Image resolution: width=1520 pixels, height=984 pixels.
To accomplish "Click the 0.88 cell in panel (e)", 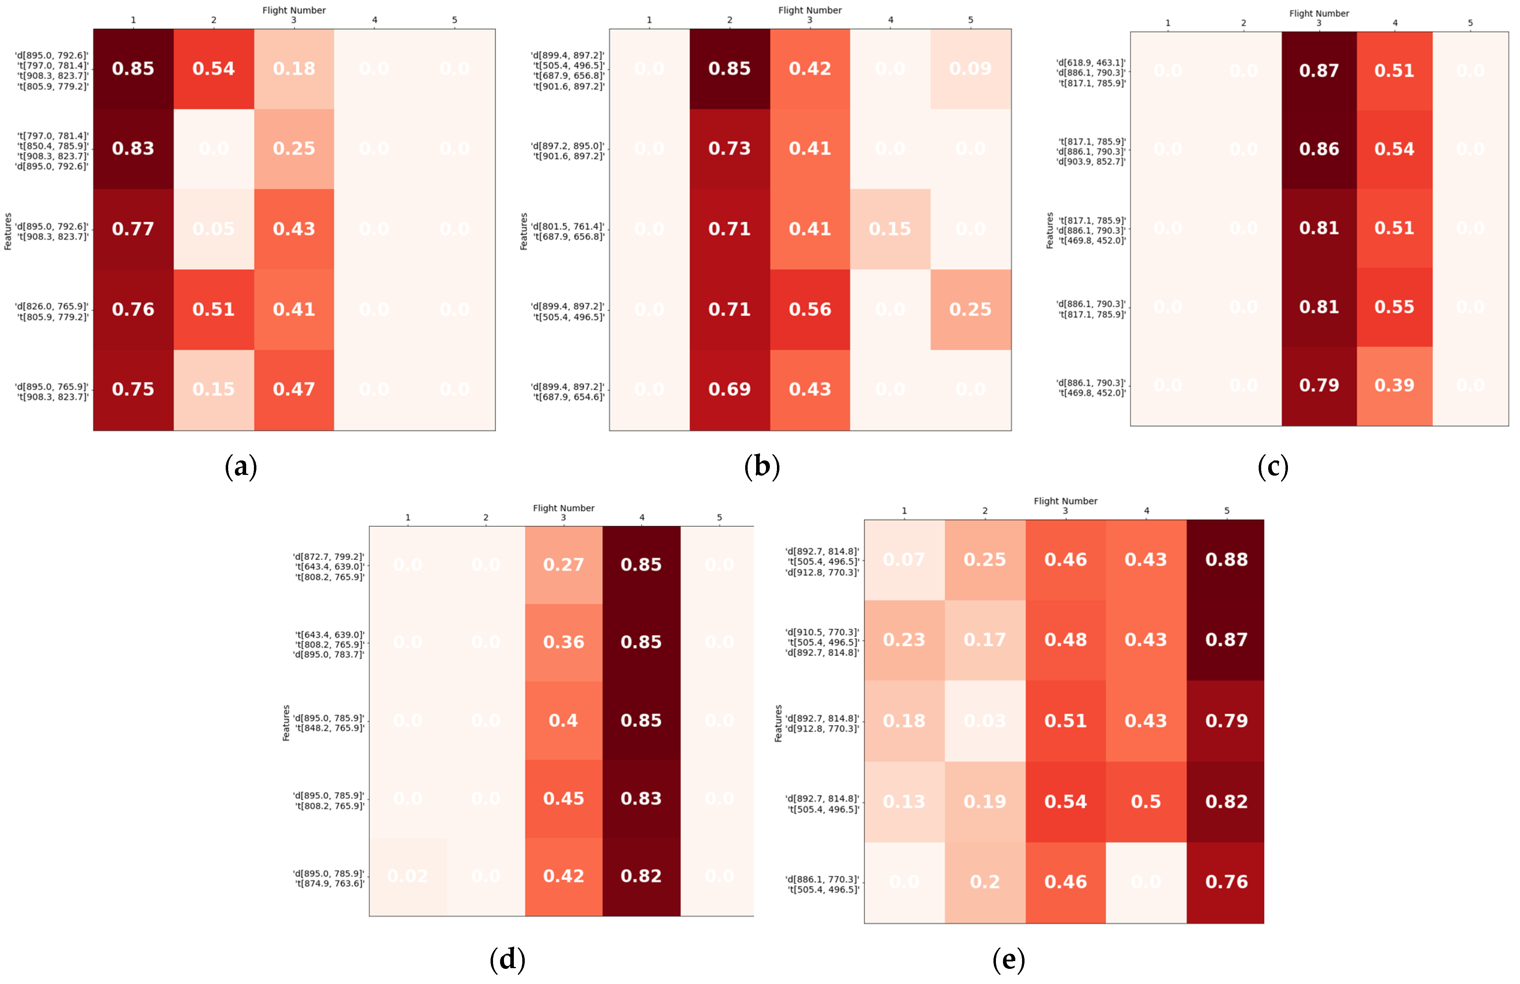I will tap(1226, 560).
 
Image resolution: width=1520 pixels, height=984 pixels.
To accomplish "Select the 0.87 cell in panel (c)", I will tap(1319, 70).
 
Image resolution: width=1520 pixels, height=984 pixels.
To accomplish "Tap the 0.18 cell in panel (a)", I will tap(294, 68).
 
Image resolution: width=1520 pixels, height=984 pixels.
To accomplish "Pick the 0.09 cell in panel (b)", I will tap(970, 68).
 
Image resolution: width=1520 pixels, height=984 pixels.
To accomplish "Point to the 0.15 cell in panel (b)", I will tap(890, 228).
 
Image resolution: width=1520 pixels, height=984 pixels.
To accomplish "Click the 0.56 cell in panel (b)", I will tap(810, 309).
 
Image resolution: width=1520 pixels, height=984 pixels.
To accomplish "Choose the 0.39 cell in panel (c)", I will tap(1394, 385).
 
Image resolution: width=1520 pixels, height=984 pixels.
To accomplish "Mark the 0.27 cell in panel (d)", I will tap(563, 564).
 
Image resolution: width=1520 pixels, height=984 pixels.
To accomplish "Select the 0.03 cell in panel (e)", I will tap(984, 720).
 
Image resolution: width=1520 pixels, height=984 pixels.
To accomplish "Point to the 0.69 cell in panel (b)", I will tap(729, 389).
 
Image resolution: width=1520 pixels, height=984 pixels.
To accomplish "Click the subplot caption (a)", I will tap(241, 467).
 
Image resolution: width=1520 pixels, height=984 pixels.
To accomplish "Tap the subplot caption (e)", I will tap(1008, 959).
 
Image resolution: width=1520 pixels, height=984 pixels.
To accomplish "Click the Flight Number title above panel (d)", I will tap(563, 508).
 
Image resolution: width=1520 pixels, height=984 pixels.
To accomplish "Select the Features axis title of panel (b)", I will tap(524, 231).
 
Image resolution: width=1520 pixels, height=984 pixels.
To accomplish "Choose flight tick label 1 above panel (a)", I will tap(133, 20).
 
